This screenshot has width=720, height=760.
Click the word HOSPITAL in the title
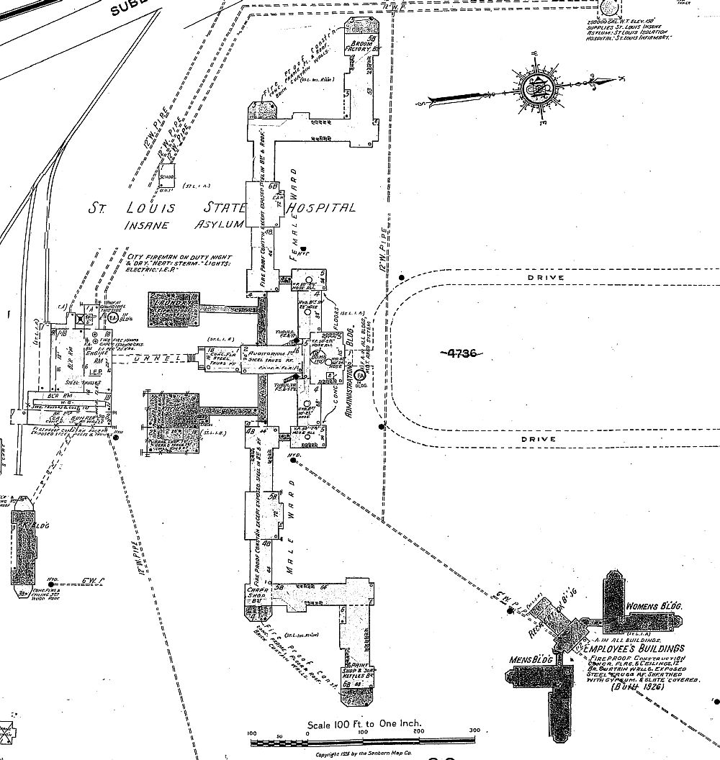click(321, 208)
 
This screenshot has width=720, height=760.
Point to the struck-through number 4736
click(458, 352)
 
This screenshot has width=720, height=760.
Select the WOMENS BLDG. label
click(654, 606)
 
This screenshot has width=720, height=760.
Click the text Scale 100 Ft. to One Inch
click(364, 725)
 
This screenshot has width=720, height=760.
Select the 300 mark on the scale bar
click(473, 731)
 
